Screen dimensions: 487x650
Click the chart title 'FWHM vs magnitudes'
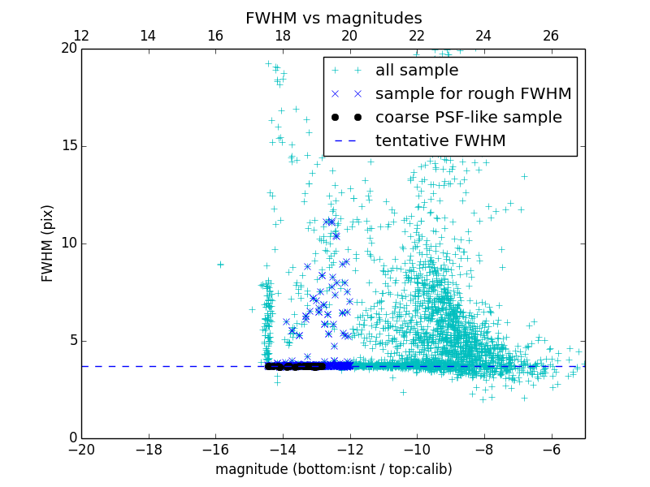coord(333,18)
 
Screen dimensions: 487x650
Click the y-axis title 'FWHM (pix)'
coord(48,243)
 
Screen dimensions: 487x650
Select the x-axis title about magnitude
coord(333,469)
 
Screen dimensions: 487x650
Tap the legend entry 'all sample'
coord(416,71)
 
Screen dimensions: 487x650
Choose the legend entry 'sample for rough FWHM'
coord(473,94)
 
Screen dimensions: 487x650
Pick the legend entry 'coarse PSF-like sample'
coord(468,118)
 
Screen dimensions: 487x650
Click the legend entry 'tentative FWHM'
coord(440,141)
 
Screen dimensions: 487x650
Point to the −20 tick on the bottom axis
coord(81,449)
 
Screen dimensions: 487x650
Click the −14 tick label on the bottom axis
coord(283,449)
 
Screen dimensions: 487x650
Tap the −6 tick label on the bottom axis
coord(551,449)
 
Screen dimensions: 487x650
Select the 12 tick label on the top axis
coord(81,36)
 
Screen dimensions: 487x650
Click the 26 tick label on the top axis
coord(551,36)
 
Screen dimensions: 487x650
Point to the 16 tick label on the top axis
coord(215,36)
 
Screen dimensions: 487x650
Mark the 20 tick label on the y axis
coord(67,49)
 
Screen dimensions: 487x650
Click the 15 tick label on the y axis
coord(67,146)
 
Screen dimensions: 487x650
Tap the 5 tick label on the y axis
coord(71,341)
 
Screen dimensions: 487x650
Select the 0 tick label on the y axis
coord(71,438)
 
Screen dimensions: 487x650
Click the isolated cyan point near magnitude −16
coord(220,265)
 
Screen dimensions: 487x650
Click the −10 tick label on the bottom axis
coord(417,449)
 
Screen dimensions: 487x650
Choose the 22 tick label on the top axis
coord(417,36)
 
